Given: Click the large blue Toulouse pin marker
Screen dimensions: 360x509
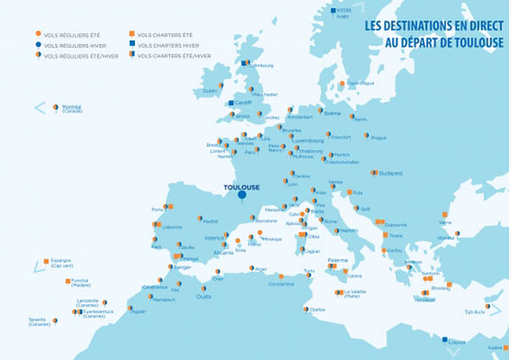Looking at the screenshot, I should pos(242,196).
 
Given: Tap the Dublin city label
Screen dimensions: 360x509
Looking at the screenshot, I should pos(210,90).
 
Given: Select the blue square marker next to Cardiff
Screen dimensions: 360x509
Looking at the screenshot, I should pos(231,104).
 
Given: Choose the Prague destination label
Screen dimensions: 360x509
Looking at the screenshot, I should pos(378,138).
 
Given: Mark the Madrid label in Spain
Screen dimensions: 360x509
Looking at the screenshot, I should pos(210,220).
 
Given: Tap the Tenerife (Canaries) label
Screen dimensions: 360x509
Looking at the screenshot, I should pos(37,321).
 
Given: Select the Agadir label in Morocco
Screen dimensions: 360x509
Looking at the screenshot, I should pos(138,311).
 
